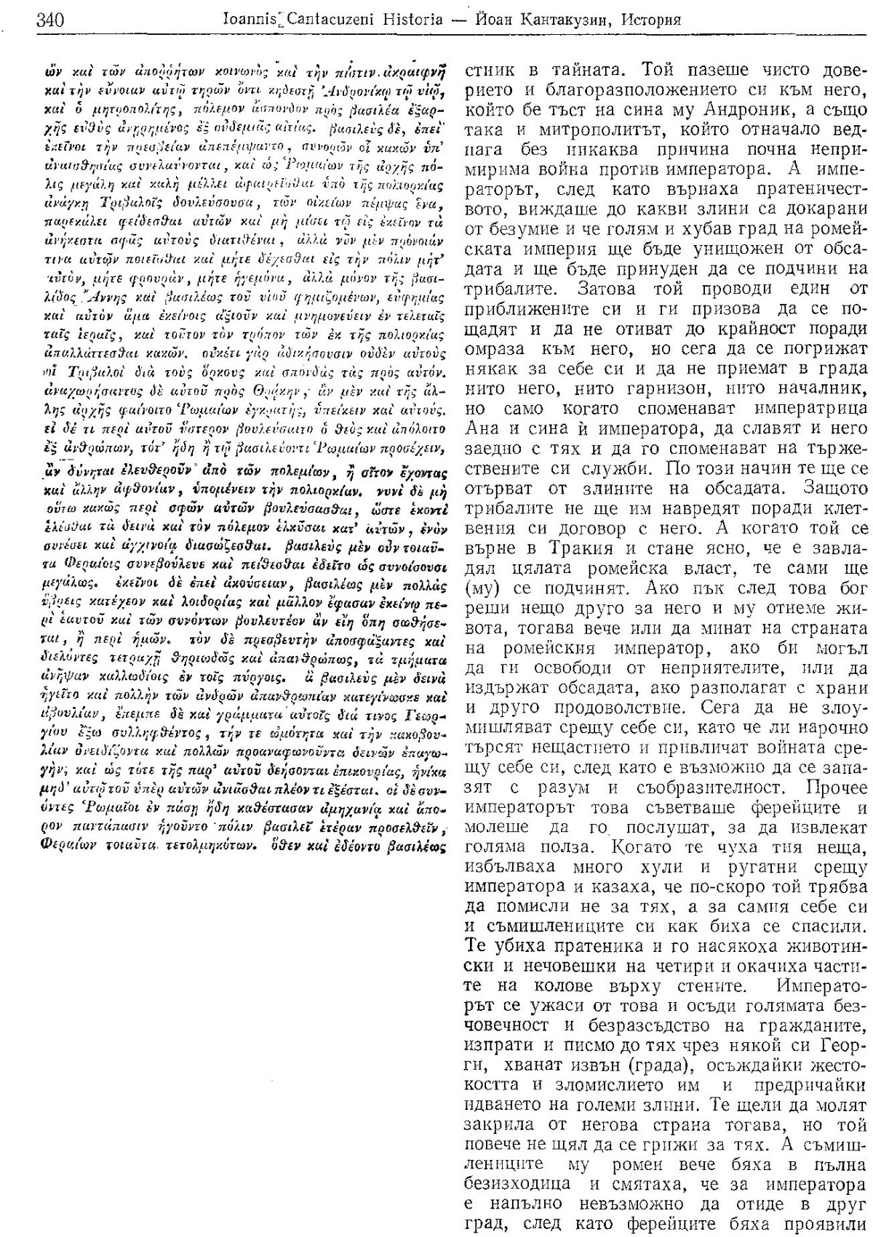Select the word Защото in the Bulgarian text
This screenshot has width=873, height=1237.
833,484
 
